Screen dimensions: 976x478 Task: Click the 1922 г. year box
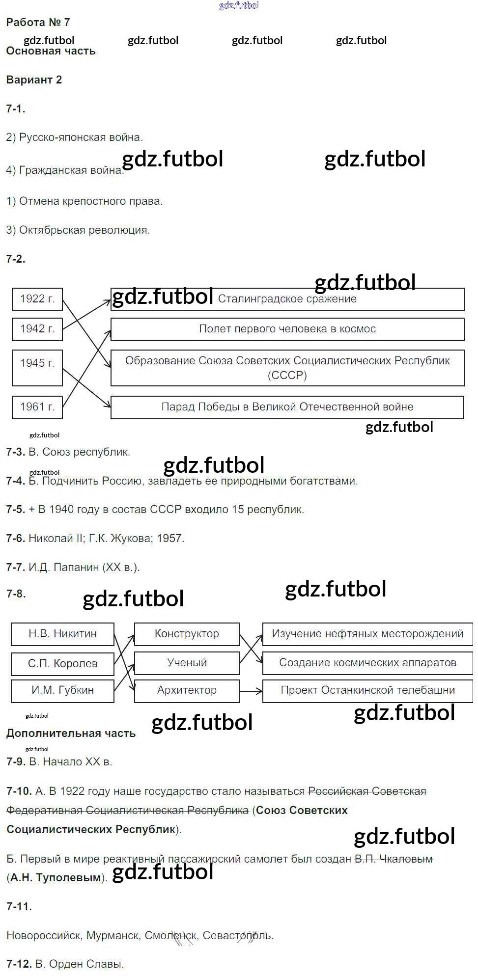tap(37, 299)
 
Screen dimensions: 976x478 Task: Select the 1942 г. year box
tap(37, 329)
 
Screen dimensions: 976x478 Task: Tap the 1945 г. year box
tap(37, 367)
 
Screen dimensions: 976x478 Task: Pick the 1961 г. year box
tap(37, 407)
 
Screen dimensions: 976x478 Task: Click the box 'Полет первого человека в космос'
tap(287, 329)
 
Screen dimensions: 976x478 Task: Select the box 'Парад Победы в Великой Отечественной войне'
tap(287, 407)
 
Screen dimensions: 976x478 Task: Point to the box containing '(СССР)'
tap(287, 368)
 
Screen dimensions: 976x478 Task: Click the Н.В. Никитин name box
tap(62, 634)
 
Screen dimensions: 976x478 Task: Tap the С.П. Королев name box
tap(62, 664)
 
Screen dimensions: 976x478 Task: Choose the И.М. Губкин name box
tap(62, 690)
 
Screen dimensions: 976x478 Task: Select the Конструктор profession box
tap(187, 634)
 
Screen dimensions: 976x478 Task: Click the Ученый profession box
tap(187, 663)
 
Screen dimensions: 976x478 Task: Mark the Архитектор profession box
tap(187, 690)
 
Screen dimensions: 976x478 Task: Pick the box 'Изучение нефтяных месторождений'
tap(367, 634)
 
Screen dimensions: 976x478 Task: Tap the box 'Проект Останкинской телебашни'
tap(367, 690)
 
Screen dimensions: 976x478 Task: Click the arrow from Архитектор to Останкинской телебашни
tap(251, 691)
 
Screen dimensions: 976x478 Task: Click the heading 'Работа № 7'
tap(38, 23)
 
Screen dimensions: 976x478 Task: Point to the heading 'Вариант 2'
tap(34, 80)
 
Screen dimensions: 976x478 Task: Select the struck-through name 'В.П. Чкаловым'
tap(394, 859)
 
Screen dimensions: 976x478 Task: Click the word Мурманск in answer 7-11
tap(113, 936)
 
